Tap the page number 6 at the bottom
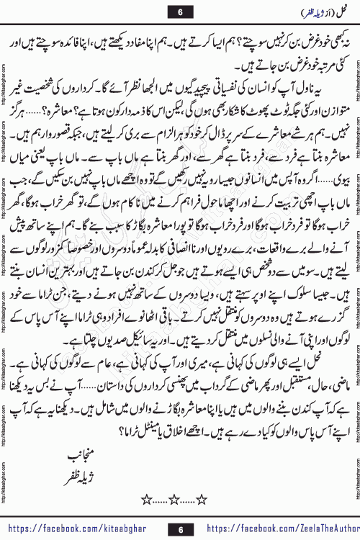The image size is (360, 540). coord(180,528)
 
